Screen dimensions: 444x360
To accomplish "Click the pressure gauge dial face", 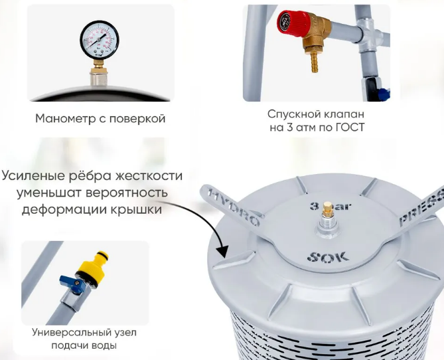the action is (x=100, y=39).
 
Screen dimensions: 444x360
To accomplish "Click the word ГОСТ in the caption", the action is (x=350, y=128).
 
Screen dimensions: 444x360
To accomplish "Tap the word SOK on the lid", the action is (x=328, y=257).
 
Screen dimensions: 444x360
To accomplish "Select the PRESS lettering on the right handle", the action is (x=422, y=209).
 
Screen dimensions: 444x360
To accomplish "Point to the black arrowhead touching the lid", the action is (x=223, y=250).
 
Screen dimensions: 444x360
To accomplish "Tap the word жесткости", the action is (x=149, y=176).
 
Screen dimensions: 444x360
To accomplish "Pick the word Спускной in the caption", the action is (x=289, y=114).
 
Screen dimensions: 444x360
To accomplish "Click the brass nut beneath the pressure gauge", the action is (x=98, y=70).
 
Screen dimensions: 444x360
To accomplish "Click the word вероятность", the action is (x=127, y=193).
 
